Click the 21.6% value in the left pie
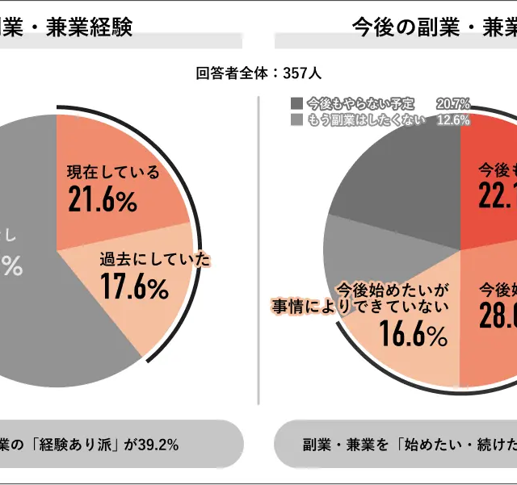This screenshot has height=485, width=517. [x=102, y=200]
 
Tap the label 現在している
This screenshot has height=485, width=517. [x=113, y=172]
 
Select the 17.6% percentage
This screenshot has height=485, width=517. [x=134, y=286]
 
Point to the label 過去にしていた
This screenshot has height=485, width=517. [x=154, y=260]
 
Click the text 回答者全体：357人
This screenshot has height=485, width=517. [x=258, y=73]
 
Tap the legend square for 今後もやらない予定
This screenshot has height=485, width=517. [x=296, y=103]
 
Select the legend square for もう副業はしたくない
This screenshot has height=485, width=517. [x=296, y=120]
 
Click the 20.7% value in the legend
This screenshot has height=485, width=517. [x=452, y=103]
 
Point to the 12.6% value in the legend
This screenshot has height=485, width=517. [x=452, y=120]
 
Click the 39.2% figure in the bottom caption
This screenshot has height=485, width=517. [x=158, y=445]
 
